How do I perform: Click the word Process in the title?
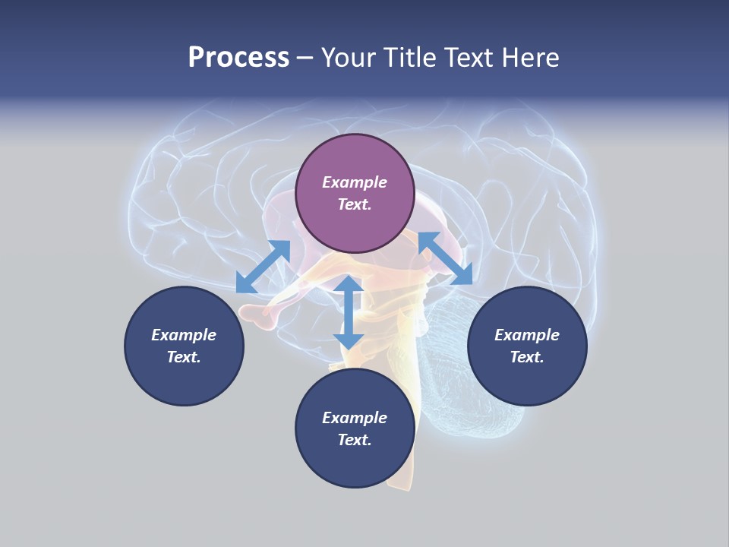pos(238,57)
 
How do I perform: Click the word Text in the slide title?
pos(469,57)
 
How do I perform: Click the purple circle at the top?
pos(355,193)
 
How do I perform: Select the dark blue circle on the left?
pos(184,346)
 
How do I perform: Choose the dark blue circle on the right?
pos(527,346)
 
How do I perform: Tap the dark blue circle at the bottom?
pos(355,428)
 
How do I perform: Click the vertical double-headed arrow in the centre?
pos(349,312)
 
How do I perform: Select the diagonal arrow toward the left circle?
pos(264,267)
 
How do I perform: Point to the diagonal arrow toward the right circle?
pos(446,258)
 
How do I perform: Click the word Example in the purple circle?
pos(355,182)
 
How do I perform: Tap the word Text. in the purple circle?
pos(355,204)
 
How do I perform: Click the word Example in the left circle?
pos(184,335)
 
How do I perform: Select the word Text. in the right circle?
pos(527,357)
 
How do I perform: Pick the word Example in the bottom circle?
pos(355,418)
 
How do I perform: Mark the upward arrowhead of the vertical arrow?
pos(349,283)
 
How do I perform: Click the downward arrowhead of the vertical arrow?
pos(349,342)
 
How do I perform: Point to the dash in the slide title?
pos(305,59)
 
